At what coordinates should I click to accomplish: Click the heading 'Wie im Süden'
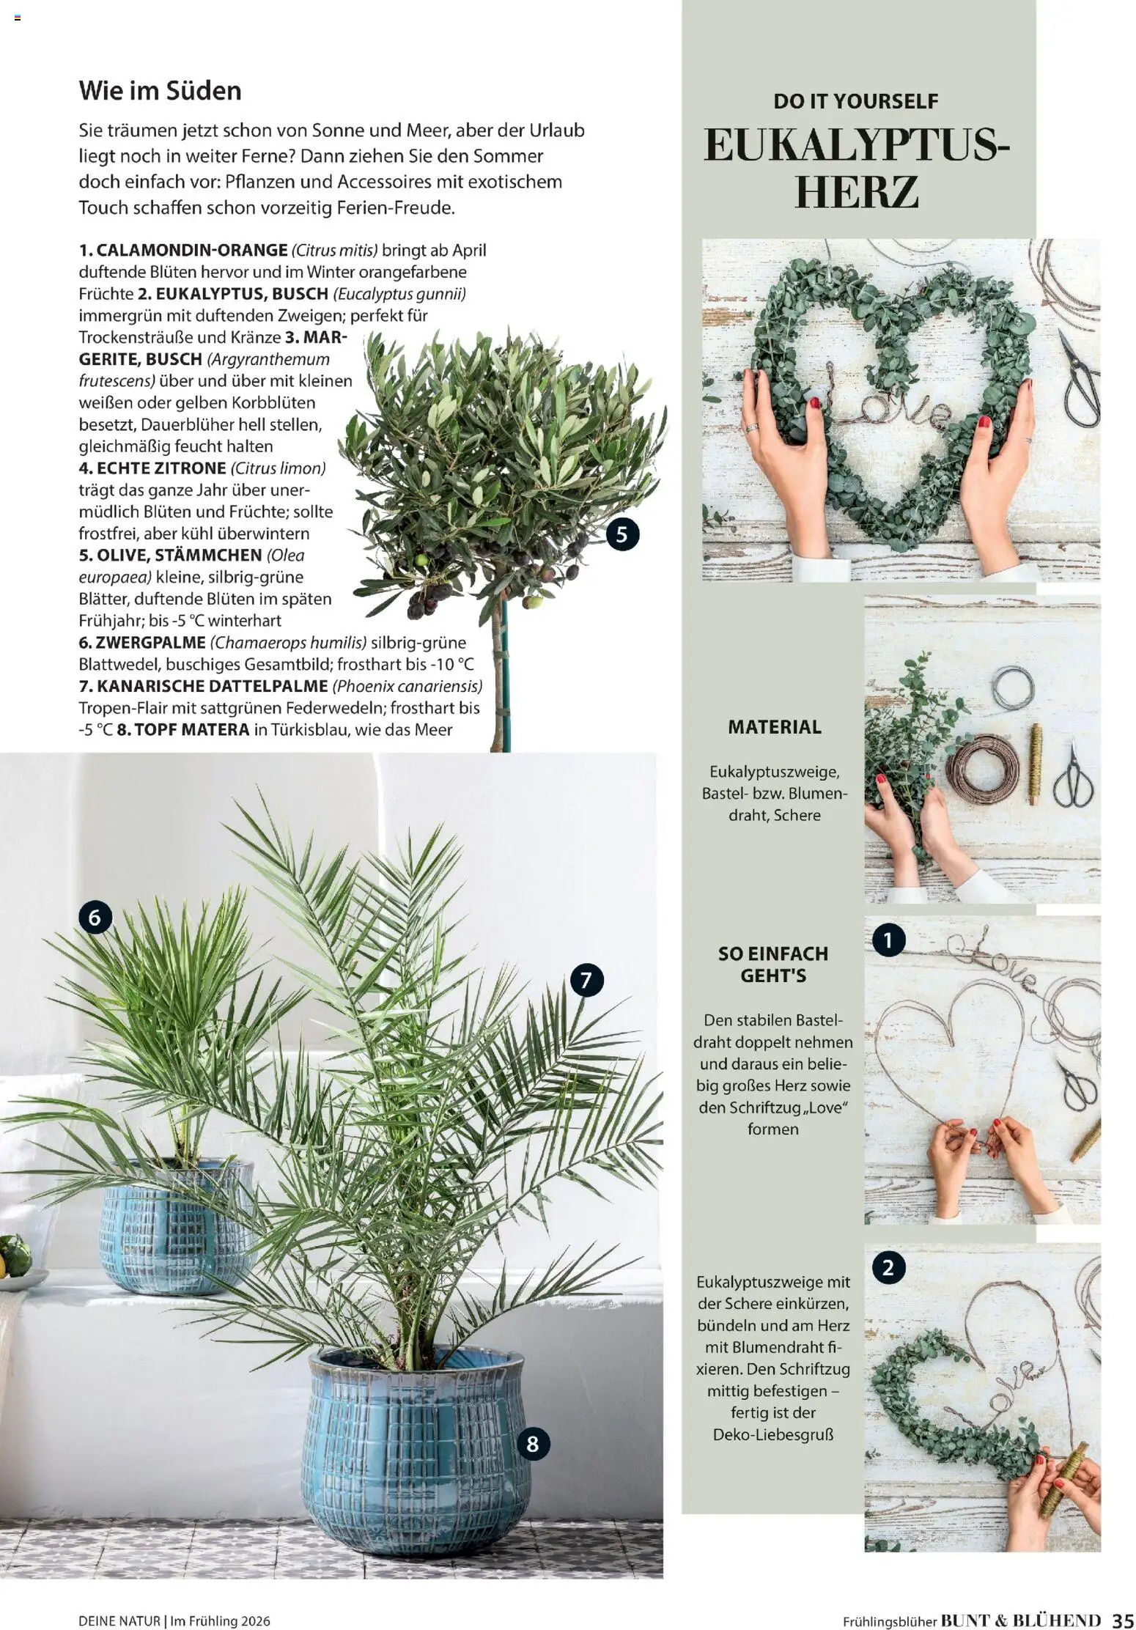point(160,91)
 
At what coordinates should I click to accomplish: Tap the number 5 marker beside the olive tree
point(622,534)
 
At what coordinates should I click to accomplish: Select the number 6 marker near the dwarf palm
point(95,917)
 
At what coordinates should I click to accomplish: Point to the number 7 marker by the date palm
point(586,981)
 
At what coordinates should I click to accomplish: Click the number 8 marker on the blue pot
point(533,1443)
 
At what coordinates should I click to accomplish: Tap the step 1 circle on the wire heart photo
point(888,940)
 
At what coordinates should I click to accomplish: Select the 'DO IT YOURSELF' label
point(855,101)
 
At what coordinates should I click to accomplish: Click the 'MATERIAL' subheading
point(775,727)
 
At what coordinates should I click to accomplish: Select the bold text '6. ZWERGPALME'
point(141,643)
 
